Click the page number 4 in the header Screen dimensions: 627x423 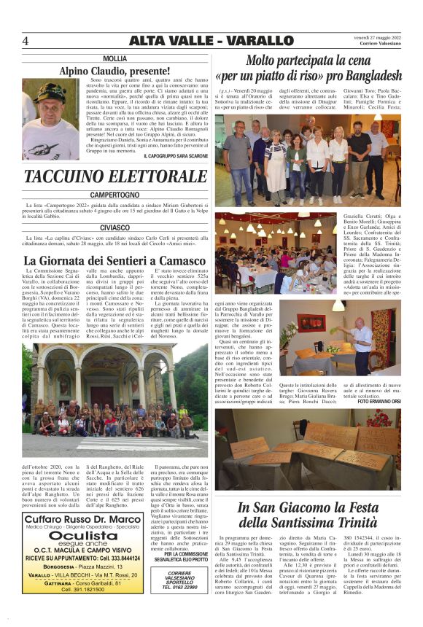click(26, 41)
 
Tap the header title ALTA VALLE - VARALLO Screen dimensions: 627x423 click(211, 41)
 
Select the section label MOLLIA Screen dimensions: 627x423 click(115, 58)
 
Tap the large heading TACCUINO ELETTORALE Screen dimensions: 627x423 click(115, 176)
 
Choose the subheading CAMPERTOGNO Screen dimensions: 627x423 click(115, 195)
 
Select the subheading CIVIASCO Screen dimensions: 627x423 click(115, 227)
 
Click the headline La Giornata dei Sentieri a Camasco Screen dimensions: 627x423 click(115, 260)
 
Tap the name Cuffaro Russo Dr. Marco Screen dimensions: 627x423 click(82, 518)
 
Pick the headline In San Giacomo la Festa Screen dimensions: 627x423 click(308, 507)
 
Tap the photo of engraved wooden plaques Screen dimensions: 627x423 click(308, 448)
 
